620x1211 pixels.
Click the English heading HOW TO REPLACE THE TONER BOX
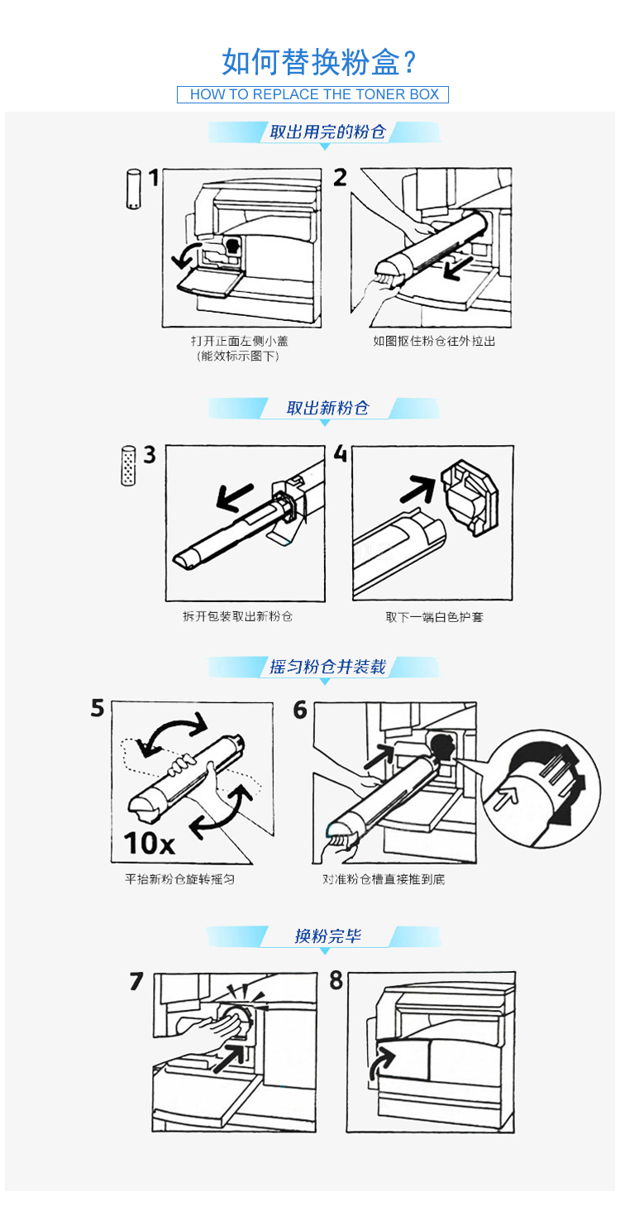point(314,94)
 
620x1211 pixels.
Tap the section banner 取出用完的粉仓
point(327,132)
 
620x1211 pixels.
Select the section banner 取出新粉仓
point(327,408)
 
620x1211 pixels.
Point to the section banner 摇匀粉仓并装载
point(327,667)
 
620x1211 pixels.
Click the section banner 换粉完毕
point(327,936)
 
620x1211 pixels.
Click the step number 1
point(154,177)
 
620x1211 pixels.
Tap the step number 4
point(341,453)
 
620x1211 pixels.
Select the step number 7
point(136,981)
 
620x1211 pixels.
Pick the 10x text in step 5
point(150,843)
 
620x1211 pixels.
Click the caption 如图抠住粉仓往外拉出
point(434,341)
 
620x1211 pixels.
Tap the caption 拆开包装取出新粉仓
point(237,616)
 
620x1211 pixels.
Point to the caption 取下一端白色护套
point(434,617)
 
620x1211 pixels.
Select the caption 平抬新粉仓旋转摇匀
point(180,879)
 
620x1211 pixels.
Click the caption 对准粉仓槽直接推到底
point(384,879)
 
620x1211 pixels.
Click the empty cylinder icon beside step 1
point(133,189)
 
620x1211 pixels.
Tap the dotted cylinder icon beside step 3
point(128,466)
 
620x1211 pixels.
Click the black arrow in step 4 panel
point(418,488)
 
